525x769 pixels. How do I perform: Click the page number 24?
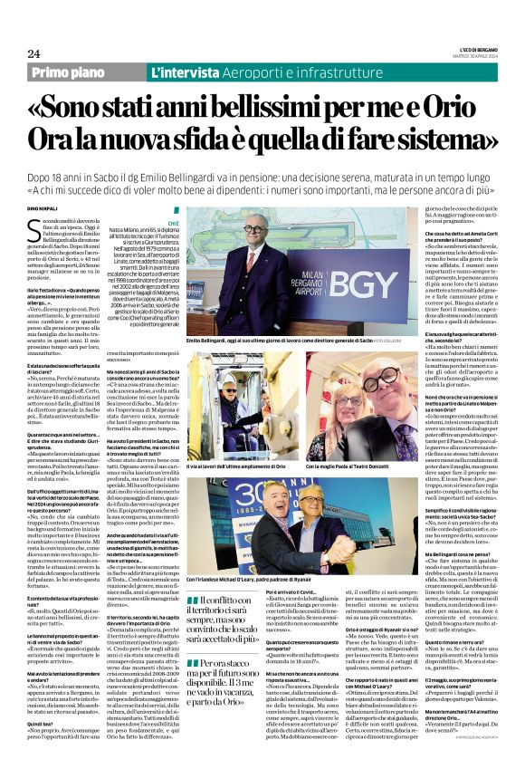[33, 53]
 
